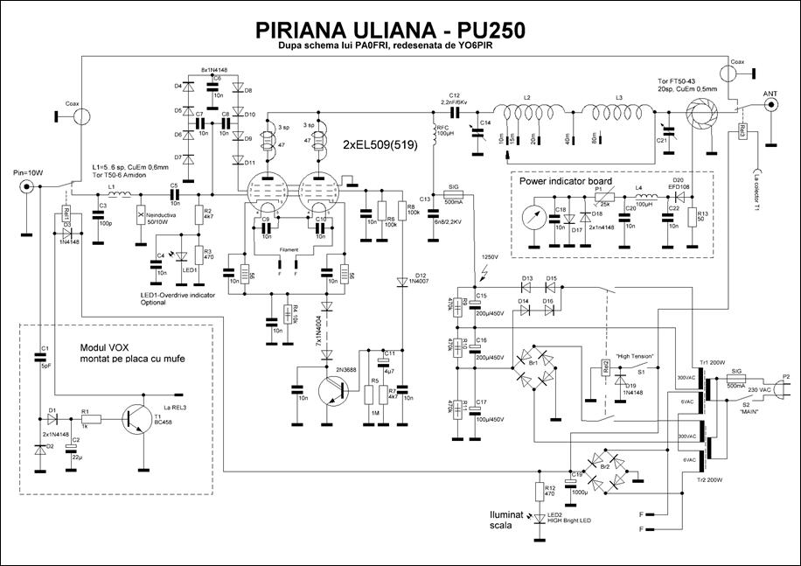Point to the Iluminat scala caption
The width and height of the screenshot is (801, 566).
[x=509, y=521]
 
